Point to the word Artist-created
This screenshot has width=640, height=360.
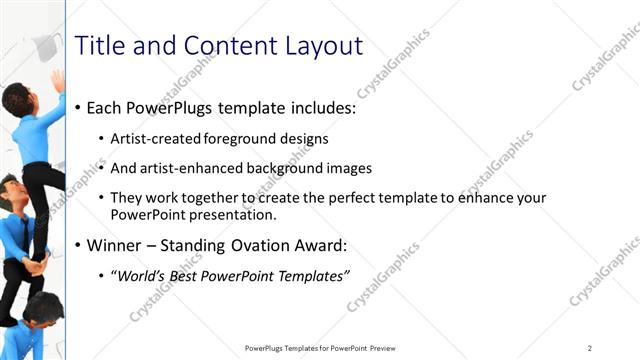click(x=153, y=138)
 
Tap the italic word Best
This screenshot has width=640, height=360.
click(x=186, y=277)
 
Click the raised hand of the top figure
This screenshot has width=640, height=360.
click(x=58, y=80)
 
